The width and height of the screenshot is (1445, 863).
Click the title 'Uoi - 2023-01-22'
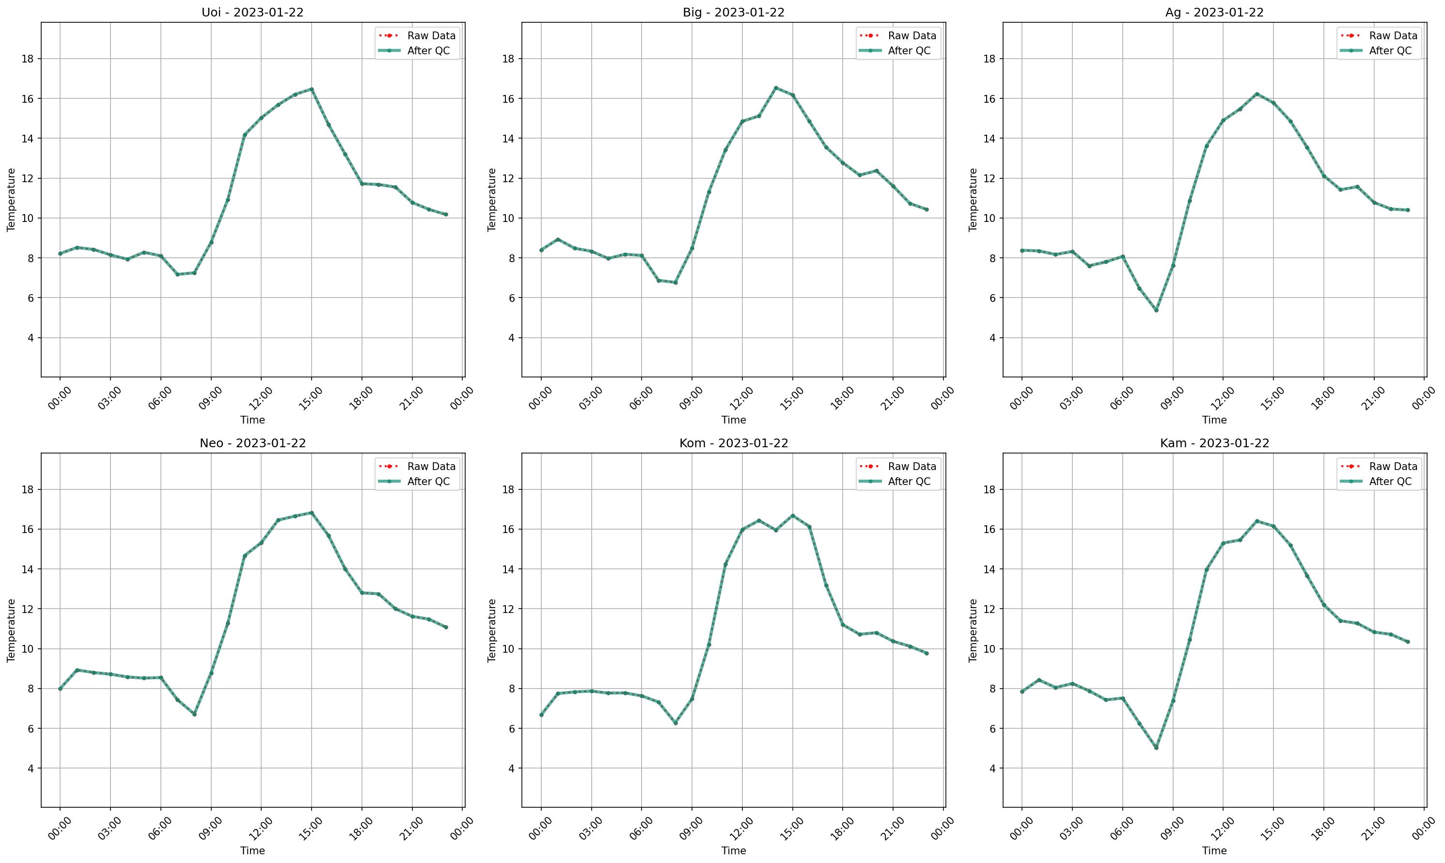click(x=252, y=12)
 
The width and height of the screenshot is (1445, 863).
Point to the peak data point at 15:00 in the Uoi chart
click(x=312, y=89)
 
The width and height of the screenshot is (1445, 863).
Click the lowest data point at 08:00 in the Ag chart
click(x=1156, y=310)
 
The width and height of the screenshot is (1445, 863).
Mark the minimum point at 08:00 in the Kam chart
click(x=1156, y=747)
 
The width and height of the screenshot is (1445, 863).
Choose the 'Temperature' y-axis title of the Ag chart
click(x=973, y=200)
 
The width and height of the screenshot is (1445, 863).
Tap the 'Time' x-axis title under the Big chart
click(x=733, y=420)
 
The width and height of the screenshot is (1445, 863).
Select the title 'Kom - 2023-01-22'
click(x=733, y=443)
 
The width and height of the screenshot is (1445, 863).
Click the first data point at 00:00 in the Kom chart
click(x=541, y=715)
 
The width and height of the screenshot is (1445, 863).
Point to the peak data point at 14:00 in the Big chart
click(x=776, y=88)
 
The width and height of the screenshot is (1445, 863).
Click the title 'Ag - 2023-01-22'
click(x=1214, y=12)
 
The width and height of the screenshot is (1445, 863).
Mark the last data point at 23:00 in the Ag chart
click(x=1408, y=210)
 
